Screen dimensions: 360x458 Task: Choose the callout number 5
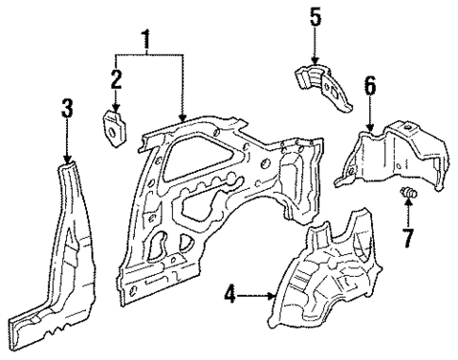click(316, 16)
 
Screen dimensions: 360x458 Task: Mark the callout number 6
click(370, 86)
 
